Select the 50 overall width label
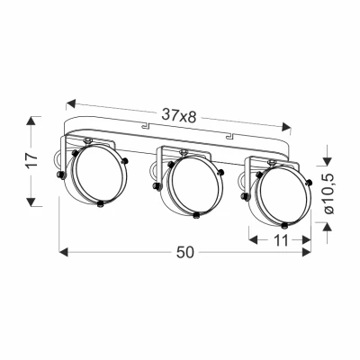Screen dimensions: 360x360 (x=184, y=253)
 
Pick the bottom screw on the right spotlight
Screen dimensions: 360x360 (x=284, y=222)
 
